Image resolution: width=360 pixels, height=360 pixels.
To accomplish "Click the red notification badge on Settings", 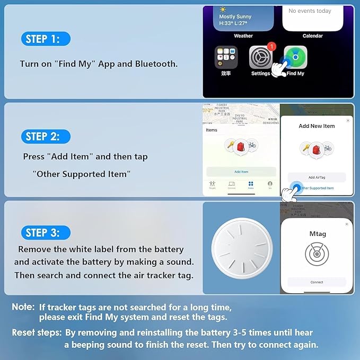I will (271, 47).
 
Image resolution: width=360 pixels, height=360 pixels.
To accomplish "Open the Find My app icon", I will (295, 57).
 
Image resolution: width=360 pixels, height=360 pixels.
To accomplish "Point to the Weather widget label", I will (243, 36).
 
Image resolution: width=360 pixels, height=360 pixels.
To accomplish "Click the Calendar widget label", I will (312, 36).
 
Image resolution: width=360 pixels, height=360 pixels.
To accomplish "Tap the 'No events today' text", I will (310, 11).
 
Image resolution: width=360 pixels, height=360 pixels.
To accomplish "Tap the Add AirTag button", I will (317, 178).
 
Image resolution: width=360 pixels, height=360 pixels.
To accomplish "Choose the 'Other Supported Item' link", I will (317, 188).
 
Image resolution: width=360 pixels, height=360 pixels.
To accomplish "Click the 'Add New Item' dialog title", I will (317, 126).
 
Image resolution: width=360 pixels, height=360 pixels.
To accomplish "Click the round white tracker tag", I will (238, 249).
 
